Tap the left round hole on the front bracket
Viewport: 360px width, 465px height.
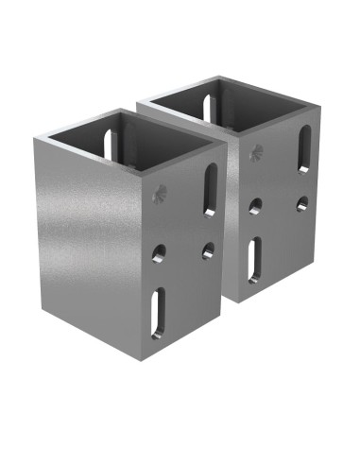click(160, 251)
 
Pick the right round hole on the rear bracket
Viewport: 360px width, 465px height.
click(301, 202)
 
